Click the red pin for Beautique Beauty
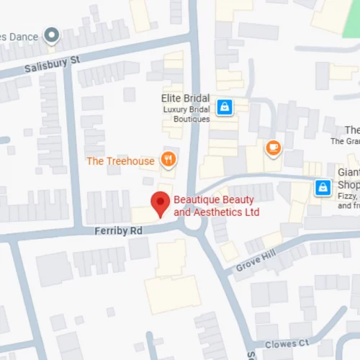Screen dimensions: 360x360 pyautogui.click(x=159, y=204)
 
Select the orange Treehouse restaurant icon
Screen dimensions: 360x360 pyautogui.click(x=168, y=160)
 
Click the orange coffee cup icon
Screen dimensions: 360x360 pyautogui.click(x=273, y=148)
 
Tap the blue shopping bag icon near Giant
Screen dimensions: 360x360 pyautogui.click(x=322, y=188)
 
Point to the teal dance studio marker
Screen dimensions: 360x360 pyautogui.click(x=51, y=35)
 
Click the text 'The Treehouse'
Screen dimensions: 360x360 pyautogui.click(x=120, y=161)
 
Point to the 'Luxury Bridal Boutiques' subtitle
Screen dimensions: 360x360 pyautogui.click(x=186, y=114)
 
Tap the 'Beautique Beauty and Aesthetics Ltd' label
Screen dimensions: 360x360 pyautogui.click(x=217, y=207)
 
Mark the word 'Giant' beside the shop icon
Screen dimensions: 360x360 pyautogui.click(x=348, y=173)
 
